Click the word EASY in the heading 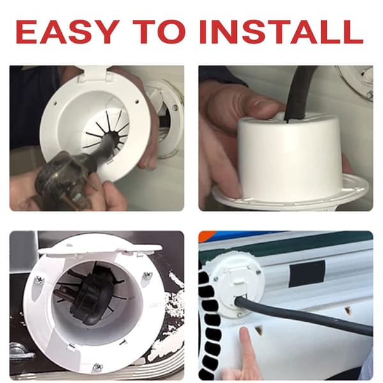coord(66,32)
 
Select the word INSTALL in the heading coord(281,32)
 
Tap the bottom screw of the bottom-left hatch coord(97,367)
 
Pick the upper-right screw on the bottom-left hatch coord(147,276)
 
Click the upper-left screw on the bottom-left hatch coord(39,280)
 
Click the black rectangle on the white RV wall coord(307,273)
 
